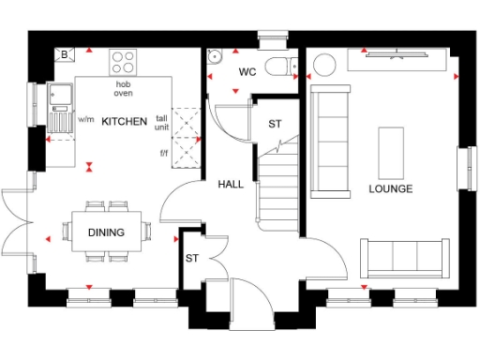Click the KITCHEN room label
(125, 122)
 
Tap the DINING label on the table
(106, 232)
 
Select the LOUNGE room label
(391, 188)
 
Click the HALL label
(231, 184)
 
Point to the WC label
(247, 72)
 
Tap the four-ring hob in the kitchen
(124, 62)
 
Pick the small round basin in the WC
(215, 54)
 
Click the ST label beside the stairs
(275, 124)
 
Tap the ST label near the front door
(191, 258)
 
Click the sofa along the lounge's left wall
(328, 140)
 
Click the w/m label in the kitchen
(86, 120)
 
